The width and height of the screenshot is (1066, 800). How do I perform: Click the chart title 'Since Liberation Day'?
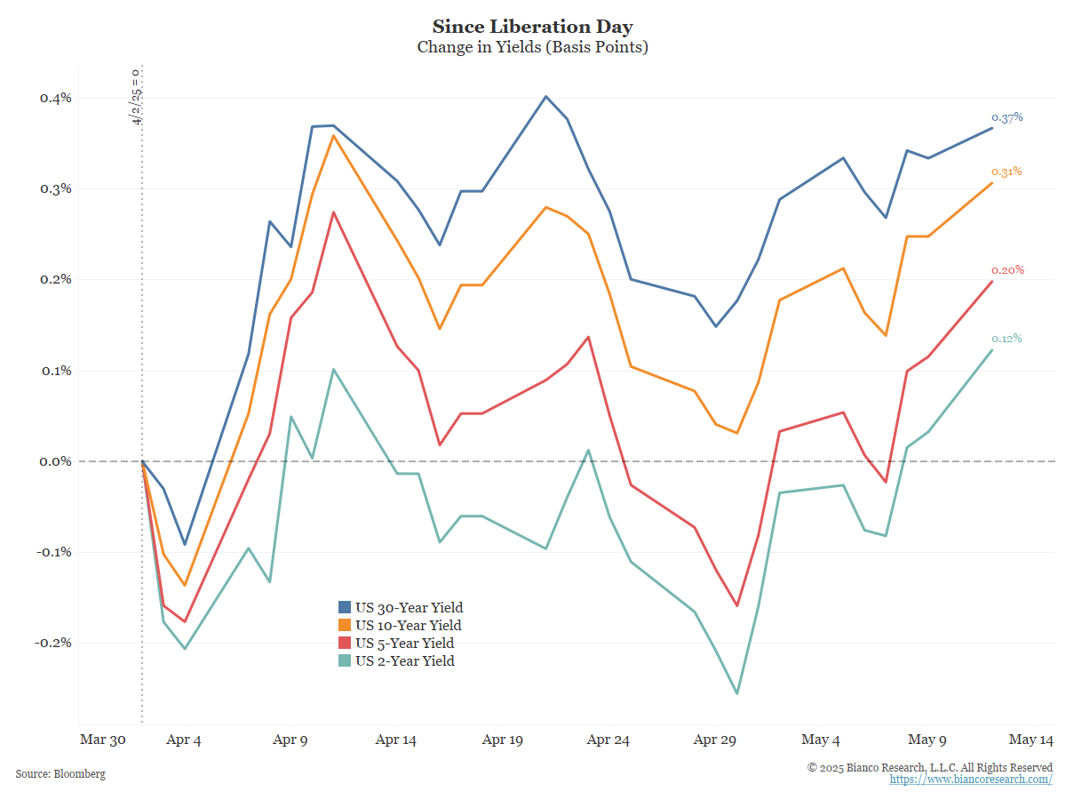532,26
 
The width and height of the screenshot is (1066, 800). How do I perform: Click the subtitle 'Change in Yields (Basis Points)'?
532,47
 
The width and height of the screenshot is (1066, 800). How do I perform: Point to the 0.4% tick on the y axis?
55,98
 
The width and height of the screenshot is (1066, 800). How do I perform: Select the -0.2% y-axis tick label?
53,643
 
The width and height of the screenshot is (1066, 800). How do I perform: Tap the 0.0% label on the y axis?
55,461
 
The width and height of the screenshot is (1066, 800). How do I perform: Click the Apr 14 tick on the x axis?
396,740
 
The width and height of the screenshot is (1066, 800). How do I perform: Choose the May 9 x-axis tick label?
927,740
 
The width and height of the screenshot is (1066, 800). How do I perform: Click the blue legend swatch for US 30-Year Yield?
345,608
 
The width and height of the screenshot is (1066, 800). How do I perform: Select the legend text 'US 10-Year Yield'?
408,626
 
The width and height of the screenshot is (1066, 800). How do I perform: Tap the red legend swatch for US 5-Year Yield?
345,643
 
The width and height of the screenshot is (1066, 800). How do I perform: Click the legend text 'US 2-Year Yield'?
404,660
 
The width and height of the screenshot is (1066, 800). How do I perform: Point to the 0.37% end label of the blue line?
1007,117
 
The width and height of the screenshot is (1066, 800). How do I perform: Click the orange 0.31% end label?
1007,172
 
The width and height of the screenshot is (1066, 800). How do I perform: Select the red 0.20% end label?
1007,270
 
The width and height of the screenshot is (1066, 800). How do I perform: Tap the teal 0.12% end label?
1007,339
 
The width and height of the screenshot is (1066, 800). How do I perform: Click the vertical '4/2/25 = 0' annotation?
136,96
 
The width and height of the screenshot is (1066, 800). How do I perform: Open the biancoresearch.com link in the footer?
971,780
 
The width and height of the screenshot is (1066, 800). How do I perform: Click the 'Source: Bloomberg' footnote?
60,774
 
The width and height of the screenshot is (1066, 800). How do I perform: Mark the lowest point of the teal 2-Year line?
737,693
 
